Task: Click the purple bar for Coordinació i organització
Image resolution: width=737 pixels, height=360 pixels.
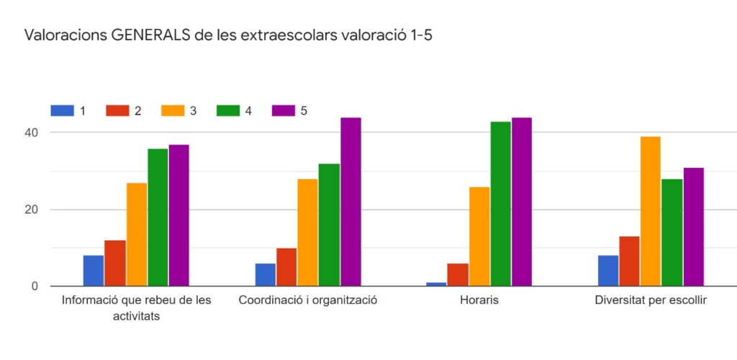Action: (x=351, y=202)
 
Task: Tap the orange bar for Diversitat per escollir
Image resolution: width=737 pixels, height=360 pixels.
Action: (x=651, y=211)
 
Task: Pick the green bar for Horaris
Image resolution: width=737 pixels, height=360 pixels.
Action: (x=501, y=204)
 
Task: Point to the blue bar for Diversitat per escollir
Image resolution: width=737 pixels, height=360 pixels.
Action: (x=607, y=271)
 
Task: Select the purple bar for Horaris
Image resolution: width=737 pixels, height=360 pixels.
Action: (x=522, y=202)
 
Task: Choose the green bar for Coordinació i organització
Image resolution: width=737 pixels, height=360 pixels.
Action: (x=329, y=225)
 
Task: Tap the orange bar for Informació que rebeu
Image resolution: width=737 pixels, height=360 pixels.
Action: (x=137, y=234)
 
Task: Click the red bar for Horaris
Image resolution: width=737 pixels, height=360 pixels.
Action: (x=458, y=274)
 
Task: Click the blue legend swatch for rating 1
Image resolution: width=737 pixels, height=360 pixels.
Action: (x=62, y=111)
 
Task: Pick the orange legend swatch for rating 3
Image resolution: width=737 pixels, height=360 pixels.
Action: (x=172, y=111)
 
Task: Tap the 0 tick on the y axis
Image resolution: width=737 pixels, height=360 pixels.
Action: (x=35, y=287)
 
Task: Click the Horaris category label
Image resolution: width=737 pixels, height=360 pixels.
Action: (x=479, y=300)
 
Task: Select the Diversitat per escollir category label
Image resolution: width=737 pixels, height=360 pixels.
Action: (x=651, y=300)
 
